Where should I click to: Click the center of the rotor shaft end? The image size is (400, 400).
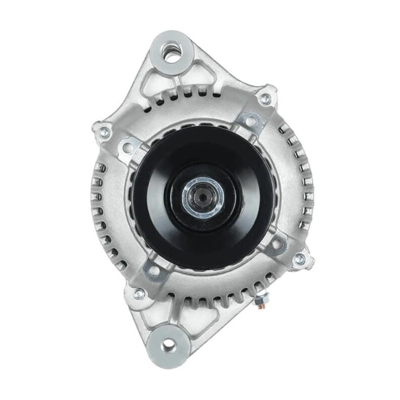click(x=203, y=196)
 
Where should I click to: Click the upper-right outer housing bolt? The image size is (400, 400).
click(x=265, y=99)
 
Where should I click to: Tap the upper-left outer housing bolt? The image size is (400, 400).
click(x=104, y=132)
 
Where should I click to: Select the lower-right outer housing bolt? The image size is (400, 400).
click(x=298, y=259)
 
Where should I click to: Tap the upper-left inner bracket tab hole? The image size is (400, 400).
click(x=128, y=146)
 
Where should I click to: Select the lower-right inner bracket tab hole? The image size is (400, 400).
click(x=276, y=245)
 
